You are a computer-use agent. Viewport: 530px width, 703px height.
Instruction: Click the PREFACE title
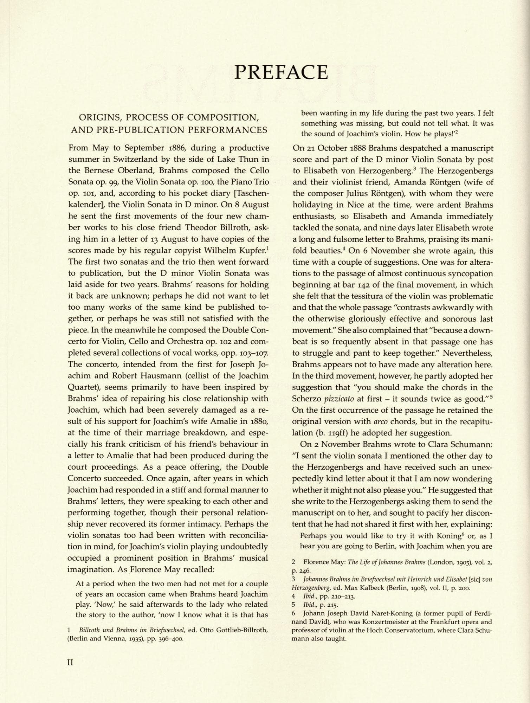tap(281, 72)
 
